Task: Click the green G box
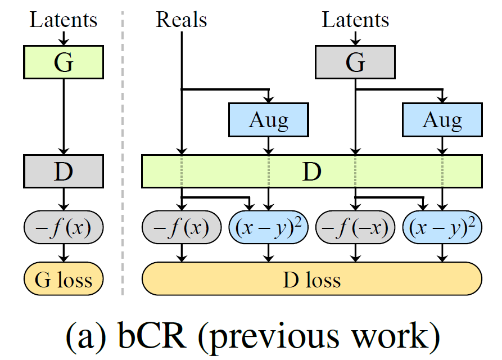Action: pyautogui.click(x=64, y=62)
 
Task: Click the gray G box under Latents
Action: pyautogui.click(x=355, y=62)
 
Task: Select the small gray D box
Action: pyautogui.click(x=64, y=172)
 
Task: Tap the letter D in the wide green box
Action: pyautogui.click(x=311, y=172)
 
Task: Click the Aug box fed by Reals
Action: pyautogui.click(x=268, y=120)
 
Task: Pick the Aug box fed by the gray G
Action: pyautogui.click(x=442, y=120)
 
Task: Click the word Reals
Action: pyautogui.click(x=181, y=20)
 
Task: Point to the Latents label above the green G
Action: pyautogui.click(x=64, y=20)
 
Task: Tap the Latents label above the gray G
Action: pyautogui.click(x=355, y=20)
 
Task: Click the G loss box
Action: pyautogui.click(x=64, y=278)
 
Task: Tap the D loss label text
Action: pyautogui.click(x=311, y=279)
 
